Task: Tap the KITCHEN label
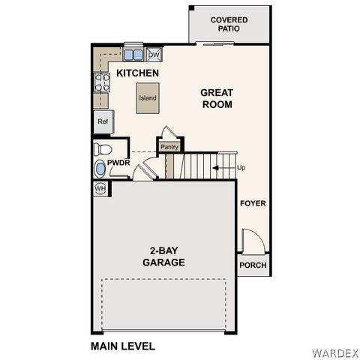tap(137, 73)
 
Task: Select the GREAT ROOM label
tap(216, 98)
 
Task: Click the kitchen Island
tap(147, 98)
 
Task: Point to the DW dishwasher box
tap(154, 55)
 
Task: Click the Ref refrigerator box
tap(103, 121)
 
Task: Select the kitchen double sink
tap(133, 55)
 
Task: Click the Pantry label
tap(169, 147)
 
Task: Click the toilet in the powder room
tap(103, 148)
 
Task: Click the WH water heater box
tap(100, 189)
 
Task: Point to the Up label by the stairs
tap(241, 167)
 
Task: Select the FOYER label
tap(253, 203)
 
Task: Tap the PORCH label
tap(253, 266)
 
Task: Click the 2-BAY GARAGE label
tap(163, 256)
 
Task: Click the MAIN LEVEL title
tap(123, 346)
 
